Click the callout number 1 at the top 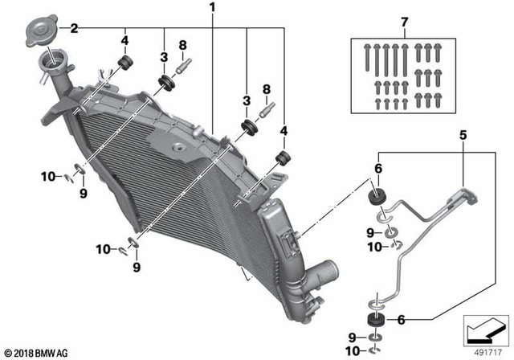pyautogui.click(x=212, y=9)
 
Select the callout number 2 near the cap pyautogui.click(x=74, y=28)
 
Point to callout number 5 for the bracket pyautogui.click(x=463, y=134)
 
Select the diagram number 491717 pyautogui.click(x=487, y=350)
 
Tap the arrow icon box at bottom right pyautogui.click(x=485, y=329)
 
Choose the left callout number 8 pyautogui.click(x=182, y=45)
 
